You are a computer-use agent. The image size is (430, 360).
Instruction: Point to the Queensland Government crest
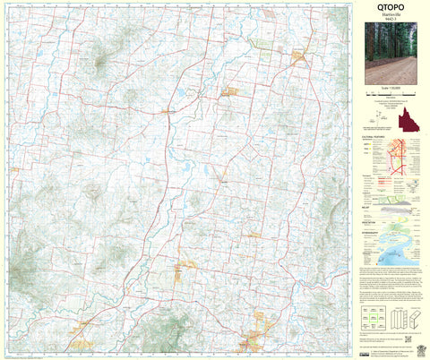[x=417, y=347]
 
